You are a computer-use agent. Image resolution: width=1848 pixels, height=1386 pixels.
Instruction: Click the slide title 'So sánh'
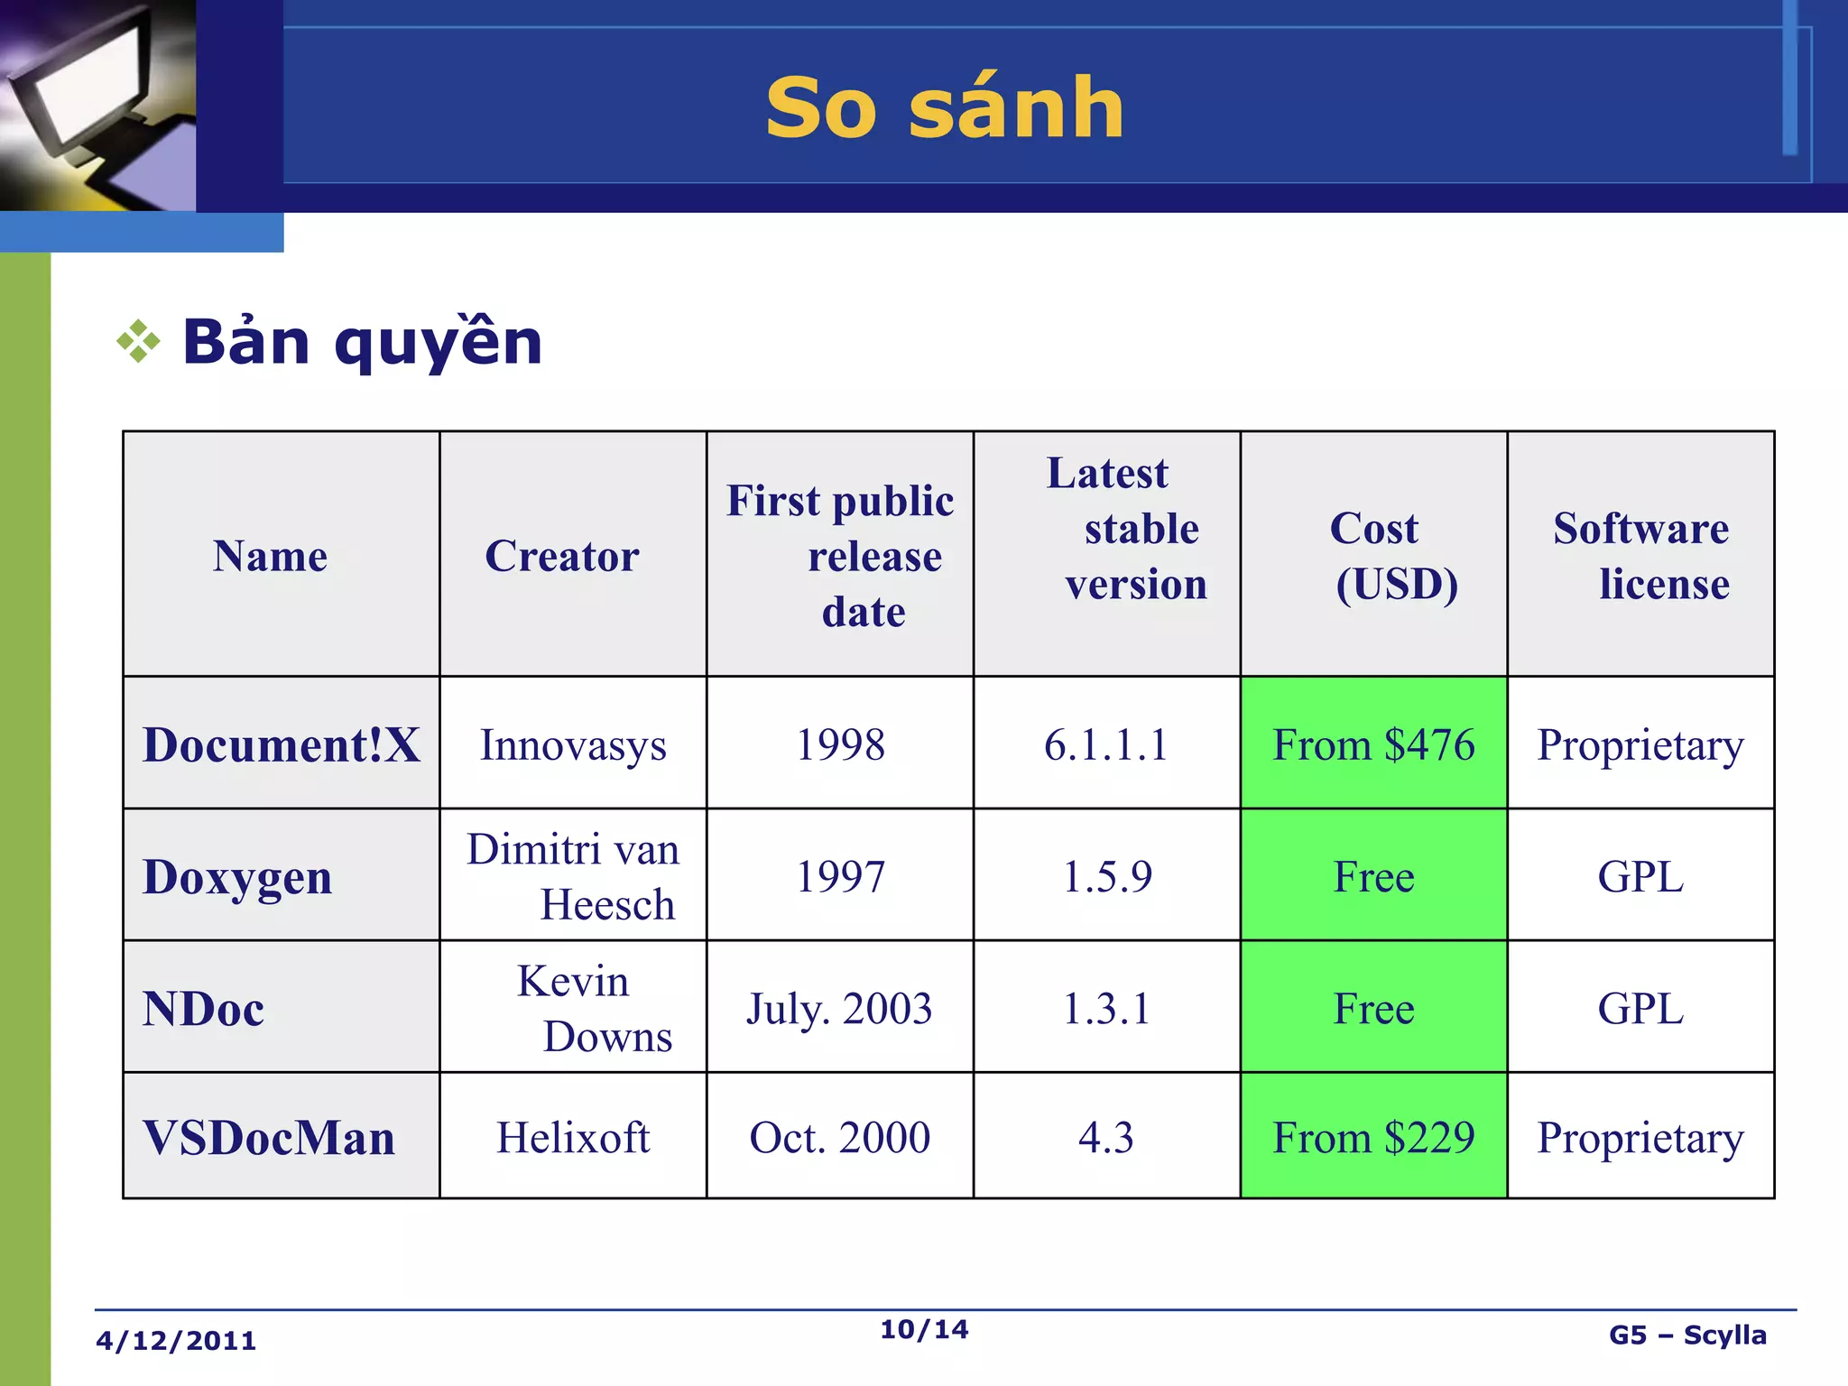(945, 108)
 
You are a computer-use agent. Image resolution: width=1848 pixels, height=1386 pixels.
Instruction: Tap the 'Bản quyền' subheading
(362, 343)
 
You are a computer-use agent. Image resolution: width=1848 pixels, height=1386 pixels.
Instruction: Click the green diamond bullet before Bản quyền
(138, 341)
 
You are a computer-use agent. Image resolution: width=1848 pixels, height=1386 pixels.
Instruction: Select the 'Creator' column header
(562, 556)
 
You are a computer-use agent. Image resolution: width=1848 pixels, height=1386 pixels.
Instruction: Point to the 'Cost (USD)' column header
(1374, 556)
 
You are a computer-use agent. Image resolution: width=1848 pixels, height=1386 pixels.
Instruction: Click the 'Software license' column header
(1641, 556)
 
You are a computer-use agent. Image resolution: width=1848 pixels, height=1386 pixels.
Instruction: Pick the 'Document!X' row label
(282, 745)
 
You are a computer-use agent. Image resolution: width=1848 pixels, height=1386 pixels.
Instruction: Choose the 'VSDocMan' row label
(269, 1138)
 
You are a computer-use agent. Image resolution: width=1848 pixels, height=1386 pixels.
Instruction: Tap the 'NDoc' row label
(204, 1009)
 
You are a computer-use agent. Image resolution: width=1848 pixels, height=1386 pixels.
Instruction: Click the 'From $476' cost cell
(1373, 745)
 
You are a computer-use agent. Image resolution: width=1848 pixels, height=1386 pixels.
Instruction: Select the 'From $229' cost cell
(1373, 1138)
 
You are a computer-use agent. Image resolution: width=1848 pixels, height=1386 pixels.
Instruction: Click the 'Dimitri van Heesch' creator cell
(572, 876)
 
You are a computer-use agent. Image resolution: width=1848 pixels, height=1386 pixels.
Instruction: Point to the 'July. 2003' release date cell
(839, 1009)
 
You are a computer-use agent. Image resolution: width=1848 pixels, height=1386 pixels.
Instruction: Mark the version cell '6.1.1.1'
(1106, 745)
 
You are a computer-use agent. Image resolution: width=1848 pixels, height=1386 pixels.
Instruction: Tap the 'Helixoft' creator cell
(573, 1138)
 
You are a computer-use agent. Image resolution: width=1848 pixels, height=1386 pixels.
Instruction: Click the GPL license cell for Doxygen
(1640, 876)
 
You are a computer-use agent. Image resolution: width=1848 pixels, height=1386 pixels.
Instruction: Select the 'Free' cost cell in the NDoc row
(1373, 1009)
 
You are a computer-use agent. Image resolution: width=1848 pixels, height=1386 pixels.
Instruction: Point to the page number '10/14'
(924, 1329)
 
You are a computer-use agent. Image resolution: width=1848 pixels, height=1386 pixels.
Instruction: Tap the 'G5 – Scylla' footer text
(1687, 1335)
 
